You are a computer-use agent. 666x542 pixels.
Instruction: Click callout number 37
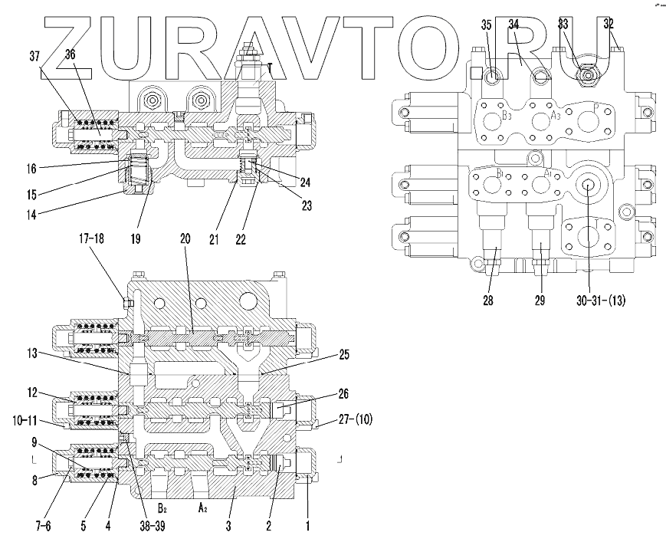click(35, 56)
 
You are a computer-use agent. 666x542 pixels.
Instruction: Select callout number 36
click(70, 54)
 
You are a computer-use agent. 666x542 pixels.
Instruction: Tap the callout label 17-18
click(90, 238)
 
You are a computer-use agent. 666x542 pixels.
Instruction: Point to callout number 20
click(185, 238)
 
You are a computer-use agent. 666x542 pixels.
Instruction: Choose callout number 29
click(540, 301)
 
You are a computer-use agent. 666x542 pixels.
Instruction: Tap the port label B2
click(162, 508)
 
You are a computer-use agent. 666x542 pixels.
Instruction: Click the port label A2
click(203, 508)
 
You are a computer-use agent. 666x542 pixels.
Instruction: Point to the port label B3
click(507, 116)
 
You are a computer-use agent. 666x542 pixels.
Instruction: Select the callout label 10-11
click(27, 420)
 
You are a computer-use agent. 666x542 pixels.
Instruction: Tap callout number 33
click(563, 25)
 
